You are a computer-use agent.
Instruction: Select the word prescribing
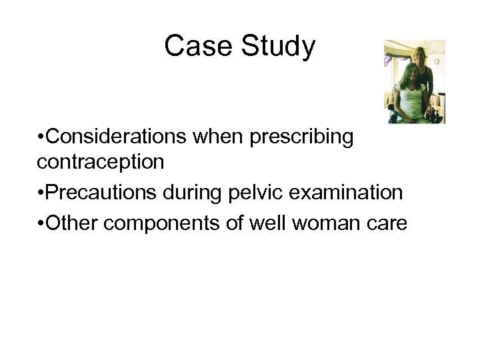[x=313, y=137]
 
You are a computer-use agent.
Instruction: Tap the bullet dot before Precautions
[x=41, y=193]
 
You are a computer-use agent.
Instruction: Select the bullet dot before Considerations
[x=41, y=137]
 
